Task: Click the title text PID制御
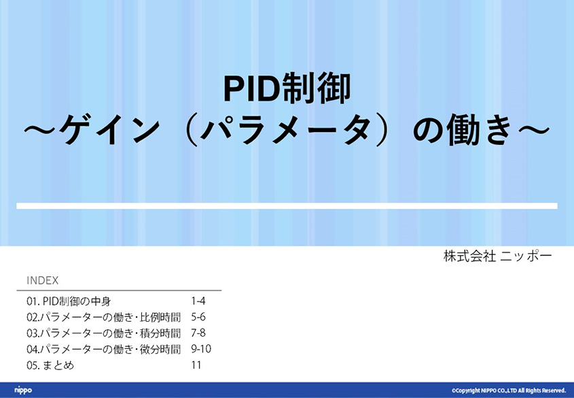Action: (287, 88)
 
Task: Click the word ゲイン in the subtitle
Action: (109, 130)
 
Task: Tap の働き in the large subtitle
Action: (462, 130)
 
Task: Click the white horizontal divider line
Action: (287, 206)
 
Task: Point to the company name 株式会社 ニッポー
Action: (497, 256)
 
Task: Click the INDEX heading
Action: (43, 280)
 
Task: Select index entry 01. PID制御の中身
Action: (69, 301)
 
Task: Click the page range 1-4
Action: (198, 301)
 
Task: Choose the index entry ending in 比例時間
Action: (104, 317)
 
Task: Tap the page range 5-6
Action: (198, 317)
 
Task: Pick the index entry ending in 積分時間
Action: (104, 333)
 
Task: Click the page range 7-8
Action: (198, 333)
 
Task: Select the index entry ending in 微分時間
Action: (104, 349)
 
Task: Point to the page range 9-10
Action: (201, 349)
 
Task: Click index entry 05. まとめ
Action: (50, 365)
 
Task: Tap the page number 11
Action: (196, 365)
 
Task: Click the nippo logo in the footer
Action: (23, 391)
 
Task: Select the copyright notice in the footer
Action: (509, 391)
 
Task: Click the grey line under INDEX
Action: (119, 291)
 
